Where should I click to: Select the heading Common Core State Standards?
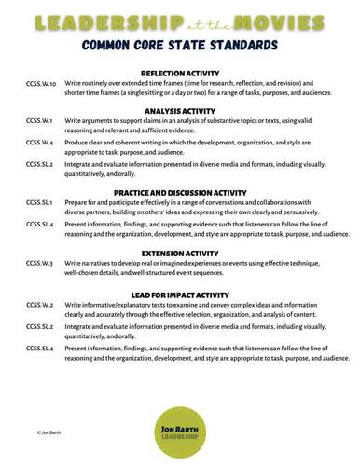tap(179, 44)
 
